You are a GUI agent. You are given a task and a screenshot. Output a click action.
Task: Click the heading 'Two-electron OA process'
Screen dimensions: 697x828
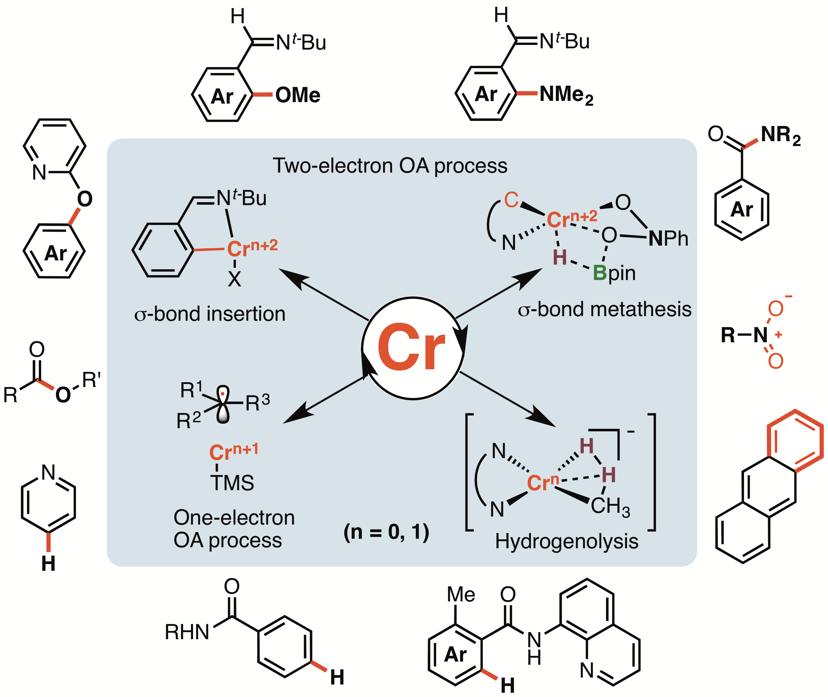[390, 166]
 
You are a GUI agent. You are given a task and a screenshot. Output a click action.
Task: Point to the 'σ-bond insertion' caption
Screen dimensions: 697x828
[210, 314]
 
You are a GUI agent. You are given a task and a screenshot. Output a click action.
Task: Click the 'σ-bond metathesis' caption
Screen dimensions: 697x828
[604, 309]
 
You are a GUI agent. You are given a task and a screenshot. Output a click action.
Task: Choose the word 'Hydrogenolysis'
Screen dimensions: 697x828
[567, 541]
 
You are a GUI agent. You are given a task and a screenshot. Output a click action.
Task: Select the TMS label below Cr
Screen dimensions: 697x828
[232, 483]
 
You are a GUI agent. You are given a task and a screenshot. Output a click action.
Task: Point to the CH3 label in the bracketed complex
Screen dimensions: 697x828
[610, 506]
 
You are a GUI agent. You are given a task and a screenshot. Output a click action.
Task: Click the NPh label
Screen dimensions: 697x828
[668, 239]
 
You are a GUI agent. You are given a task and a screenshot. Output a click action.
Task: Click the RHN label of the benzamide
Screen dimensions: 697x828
[187, 632]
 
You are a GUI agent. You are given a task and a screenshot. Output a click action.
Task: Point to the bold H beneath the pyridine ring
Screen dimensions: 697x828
[48, 564]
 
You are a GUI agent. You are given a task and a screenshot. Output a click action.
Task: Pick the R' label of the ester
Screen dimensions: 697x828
[91, 380]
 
